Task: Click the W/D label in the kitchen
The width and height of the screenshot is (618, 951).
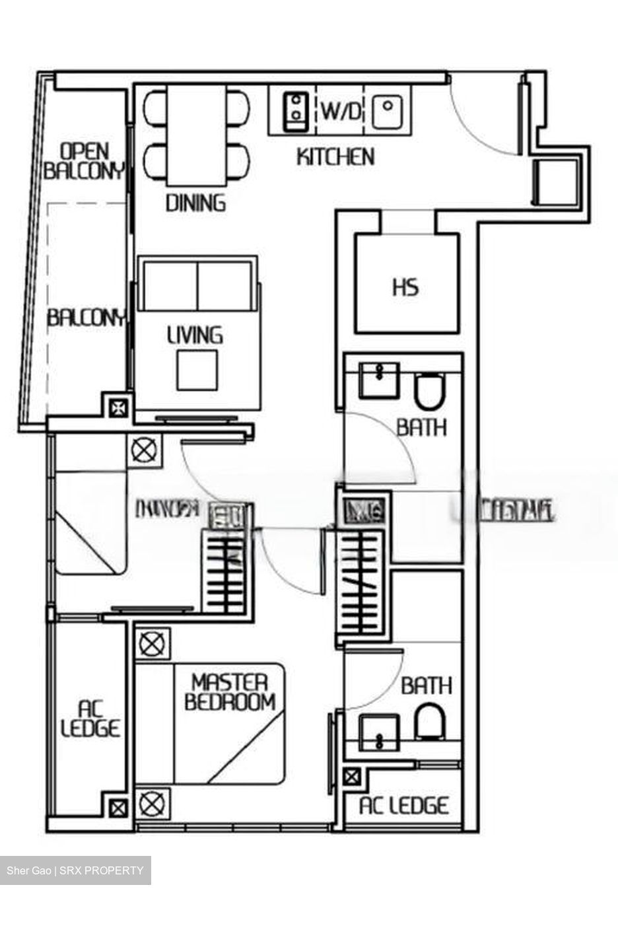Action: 342,112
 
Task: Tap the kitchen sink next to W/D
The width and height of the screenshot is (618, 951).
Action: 388,111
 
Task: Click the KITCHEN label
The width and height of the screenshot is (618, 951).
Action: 335,157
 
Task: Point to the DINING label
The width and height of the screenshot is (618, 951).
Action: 195,202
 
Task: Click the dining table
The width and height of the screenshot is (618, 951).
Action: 196,135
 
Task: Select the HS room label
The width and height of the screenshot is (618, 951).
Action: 405,288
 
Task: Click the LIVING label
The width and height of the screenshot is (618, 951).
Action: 195,335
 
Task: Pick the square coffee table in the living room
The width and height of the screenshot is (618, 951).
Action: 197,369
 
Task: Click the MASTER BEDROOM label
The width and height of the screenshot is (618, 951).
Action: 229,691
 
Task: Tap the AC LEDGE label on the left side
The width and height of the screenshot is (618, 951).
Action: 90,719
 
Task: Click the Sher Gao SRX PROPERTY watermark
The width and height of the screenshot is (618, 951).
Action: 75,870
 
